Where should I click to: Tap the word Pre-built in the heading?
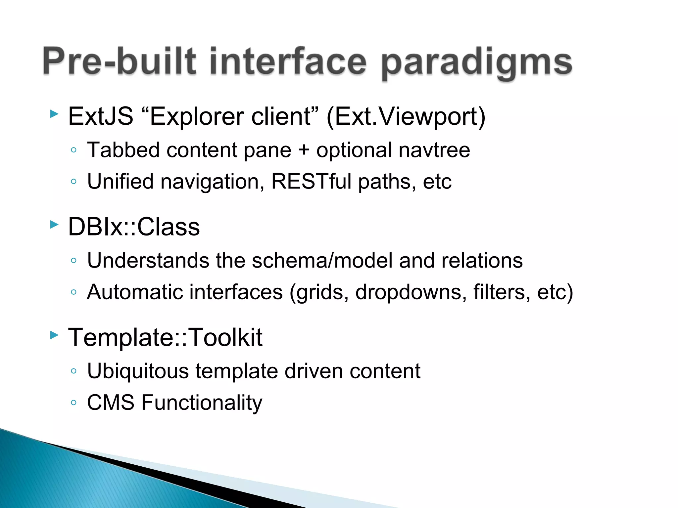coord(120,62)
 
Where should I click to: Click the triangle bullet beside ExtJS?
coord(54,114)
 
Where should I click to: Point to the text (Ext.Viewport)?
coord(406,117)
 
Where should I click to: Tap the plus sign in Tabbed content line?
coord(304,150)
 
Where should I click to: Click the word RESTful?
coord(311,182)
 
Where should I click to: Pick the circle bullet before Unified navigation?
coord(74,182)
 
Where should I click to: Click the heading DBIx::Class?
coord(134,227)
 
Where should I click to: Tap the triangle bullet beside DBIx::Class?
coord(54,225)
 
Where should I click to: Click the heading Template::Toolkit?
coord(165,338)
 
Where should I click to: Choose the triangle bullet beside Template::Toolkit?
coord(54,335)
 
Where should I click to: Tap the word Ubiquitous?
coord(138,371)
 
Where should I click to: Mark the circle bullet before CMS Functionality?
coord(74,403)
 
